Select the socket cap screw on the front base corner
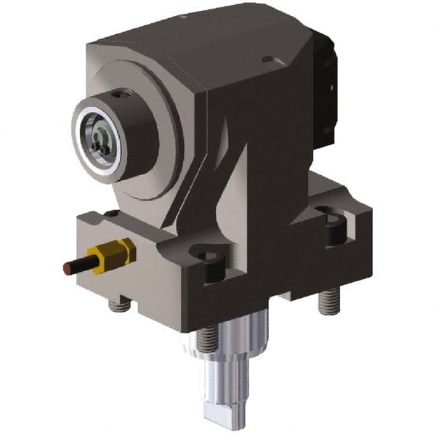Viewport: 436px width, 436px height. (207, 260)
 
